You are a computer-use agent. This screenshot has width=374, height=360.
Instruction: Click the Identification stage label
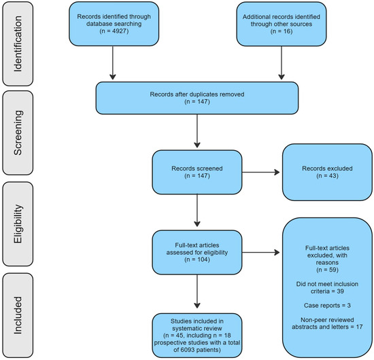[x=18, y=44]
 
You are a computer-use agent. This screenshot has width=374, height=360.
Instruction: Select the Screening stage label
[x=18, y=132]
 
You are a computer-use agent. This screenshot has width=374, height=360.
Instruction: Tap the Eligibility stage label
[x=18, y=224]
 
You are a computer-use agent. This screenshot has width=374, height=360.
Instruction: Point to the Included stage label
[x=18, y=315]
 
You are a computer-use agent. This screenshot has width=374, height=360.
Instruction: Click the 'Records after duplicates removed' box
[x=197, y=98]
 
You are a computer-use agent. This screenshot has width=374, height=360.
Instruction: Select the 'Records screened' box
[x=197, y=173]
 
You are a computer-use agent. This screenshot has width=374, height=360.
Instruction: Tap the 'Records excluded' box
[x=327, y=173]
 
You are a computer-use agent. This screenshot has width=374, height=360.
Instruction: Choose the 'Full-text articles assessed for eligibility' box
[x=197, y=252]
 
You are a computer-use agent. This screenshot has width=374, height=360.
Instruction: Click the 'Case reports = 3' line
[x=327, y=306]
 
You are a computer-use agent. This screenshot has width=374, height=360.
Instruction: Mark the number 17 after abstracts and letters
[x=359, y=327]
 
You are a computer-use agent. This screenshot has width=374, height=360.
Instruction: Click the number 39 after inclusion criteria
[x=341, y=291]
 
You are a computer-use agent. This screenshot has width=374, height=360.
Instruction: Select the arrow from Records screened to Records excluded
[x=260, y=173]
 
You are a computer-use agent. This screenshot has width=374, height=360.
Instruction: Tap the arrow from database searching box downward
[x=113, y=62]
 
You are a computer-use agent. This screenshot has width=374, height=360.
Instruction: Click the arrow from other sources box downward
[x=282, y=62]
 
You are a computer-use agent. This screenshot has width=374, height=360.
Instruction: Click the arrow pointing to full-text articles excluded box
[x=260, y=252]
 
